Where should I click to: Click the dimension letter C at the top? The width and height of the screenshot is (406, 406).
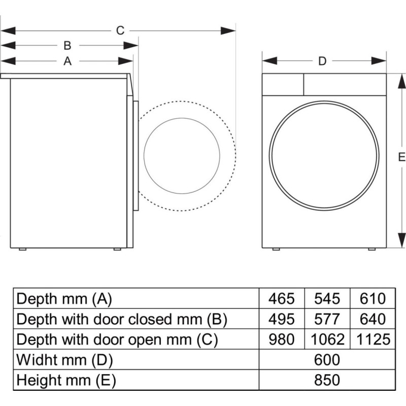[x=120, y=30]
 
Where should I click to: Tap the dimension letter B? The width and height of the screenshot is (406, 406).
[x=67, y=46]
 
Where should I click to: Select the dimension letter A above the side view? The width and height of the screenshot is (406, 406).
[x=67, y=61]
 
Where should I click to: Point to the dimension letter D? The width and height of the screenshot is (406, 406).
[x=322, y=61]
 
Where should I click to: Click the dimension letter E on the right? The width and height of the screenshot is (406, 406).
[x=401, y=157]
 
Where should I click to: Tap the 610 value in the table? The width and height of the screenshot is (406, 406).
[x=373, y=298]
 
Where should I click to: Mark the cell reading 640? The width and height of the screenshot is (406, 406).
[x=373, y=319]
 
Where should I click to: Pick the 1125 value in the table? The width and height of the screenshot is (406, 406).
[x=373, y=340]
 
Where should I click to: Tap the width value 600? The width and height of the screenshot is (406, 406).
[x=327, y=360]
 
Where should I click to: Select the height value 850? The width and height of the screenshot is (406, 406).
[x=327, y=380]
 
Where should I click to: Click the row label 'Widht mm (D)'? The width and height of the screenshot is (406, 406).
[x=64, y=360]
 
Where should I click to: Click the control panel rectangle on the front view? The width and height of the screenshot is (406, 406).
[x=283, y=84]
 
